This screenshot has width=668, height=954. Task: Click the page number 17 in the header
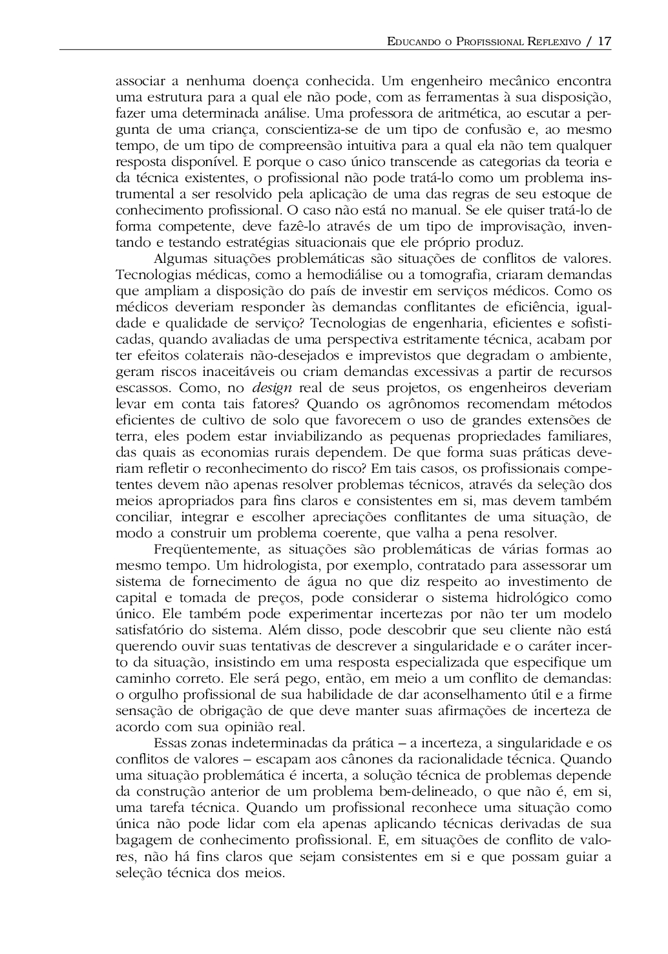click(605, 41)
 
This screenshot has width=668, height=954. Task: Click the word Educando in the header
click(415, 41)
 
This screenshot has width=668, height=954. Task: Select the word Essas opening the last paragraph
click(171, 743)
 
